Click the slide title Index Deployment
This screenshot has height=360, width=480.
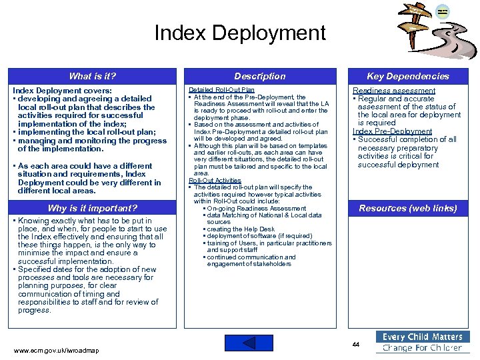(x=240, y=33)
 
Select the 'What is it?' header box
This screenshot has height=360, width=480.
(x=93, y=76)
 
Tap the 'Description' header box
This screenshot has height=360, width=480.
(x=260, y=76)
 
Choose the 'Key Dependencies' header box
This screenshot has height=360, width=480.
(x=408, y=76)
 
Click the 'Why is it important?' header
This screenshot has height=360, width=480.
(x=93, y=208)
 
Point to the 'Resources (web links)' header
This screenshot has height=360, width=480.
(x=408, y=208)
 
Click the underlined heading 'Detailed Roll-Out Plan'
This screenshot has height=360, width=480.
(x=221, y=90)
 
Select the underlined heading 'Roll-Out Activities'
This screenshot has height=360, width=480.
(x=215, y=180)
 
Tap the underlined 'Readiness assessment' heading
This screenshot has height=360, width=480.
(x=394, y=91)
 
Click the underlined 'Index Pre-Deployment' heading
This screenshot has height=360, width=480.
(x=393, y=131)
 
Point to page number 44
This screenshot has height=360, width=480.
(x=356, y=344)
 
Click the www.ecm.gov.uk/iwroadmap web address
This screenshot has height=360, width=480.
(x=56, y=350)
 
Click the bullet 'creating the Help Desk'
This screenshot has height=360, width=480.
(x=241, y=229)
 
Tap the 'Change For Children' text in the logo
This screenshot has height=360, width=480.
(x=423, y=348)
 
